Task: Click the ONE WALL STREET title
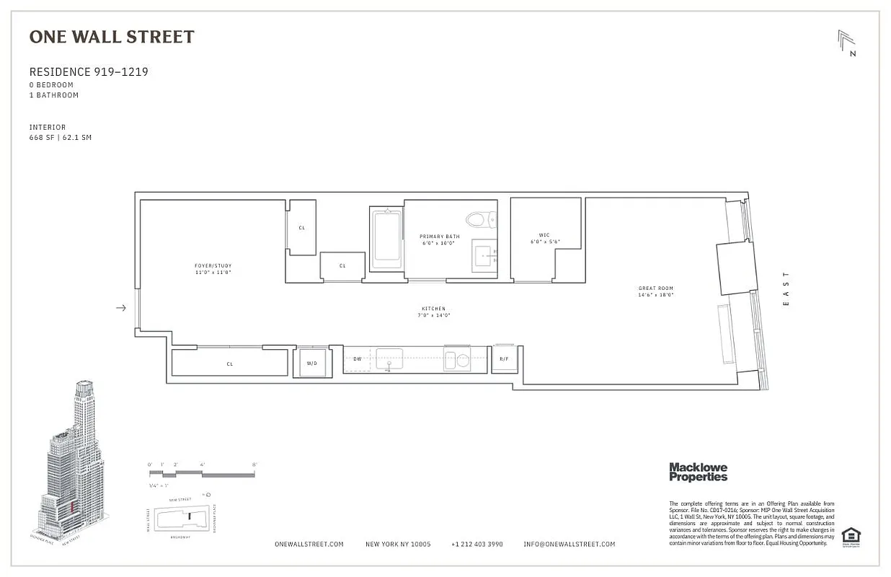(112, 37)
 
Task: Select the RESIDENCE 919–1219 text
(89, 72)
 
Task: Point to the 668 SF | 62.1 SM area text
(61, 138)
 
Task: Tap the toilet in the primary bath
(480, 219)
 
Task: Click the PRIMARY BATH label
(439, 237)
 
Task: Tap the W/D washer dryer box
(311, 363)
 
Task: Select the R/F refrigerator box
(505, 358)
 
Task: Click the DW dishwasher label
(357, 358)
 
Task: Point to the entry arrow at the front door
(121, 308)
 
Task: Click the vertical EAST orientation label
(786, 288)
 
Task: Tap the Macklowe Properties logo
(698, 472)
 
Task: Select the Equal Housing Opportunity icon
(851, 536)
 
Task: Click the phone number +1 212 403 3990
(476, 545)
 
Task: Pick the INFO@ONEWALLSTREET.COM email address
(569, 545)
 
